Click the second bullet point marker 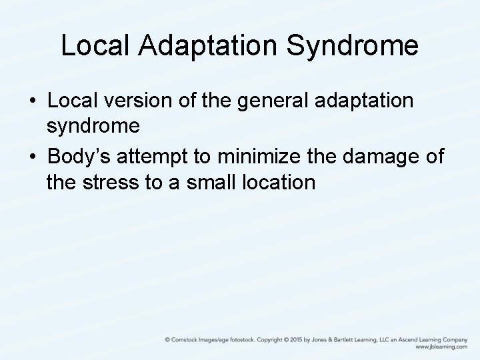coord(33,156)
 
